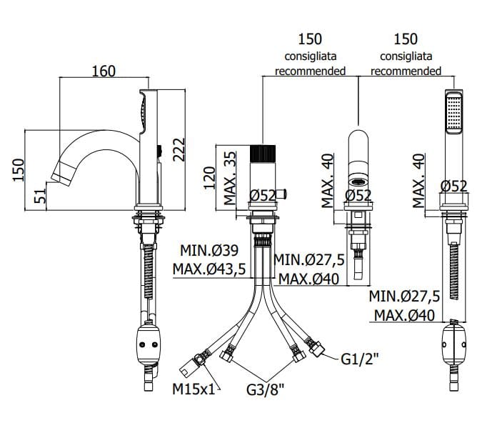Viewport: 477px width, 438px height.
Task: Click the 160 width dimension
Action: point(104,71)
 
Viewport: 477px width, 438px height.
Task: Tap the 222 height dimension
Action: point(179,149)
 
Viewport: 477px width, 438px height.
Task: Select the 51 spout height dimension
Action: point(41,193)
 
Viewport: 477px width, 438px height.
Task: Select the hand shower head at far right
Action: point(452,113)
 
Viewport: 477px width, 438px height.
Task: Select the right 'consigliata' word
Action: point(406,55)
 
